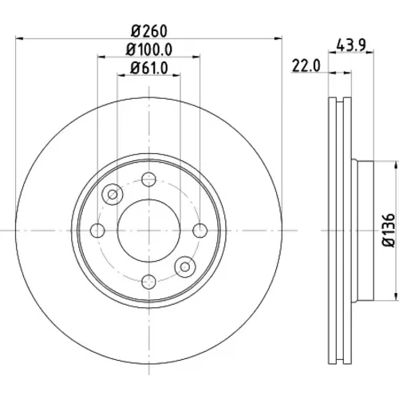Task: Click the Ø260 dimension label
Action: pos(149,31)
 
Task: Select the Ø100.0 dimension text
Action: pos(149,49)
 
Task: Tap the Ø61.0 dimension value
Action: pos(149,68)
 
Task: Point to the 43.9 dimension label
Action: pos(351,45)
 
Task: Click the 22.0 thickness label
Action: pos(306,65)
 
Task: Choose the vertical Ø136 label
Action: pos(389,230)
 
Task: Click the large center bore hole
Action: pos(148,231)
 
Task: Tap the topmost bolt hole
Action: pos(148,180)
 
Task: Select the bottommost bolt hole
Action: pos(148,282)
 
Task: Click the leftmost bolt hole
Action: pos(97,231)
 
